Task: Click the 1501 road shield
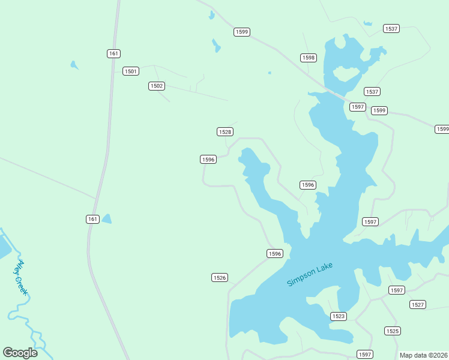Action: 131,71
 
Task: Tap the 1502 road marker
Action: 157,86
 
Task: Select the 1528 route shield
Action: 225,131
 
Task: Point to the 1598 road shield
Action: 309,58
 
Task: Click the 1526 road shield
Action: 220,277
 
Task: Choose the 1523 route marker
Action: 339,316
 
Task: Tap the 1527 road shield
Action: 418,305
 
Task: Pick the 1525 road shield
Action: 393,331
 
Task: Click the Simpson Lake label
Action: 309,274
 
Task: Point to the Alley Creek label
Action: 22,277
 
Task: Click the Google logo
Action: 20,352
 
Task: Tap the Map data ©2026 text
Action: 423,355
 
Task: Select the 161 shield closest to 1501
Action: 113,53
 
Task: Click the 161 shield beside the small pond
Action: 92,219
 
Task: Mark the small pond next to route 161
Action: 106,219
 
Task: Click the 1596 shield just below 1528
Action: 208,159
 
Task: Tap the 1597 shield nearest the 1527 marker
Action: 397,290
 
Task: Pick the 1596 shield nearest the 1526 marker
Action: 274,254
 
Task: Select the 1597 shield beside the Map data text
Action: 365,354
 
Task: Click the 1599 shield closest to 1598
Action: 242,32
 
